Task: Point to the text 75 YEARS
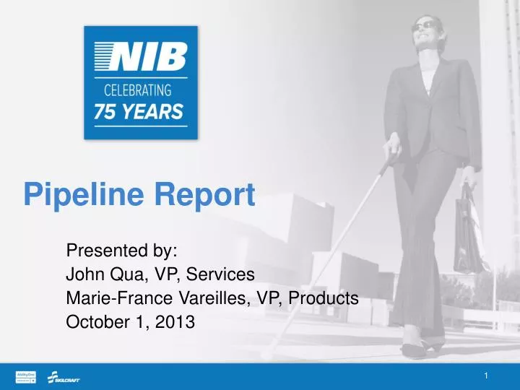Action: click(139, 113)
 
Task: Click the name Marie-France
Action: click(108, 298)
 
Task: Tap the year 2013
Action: click(177, 323)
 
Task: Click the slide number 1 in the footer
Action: click(487, 376)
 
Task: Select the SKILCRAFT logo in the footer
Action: click(64, 377)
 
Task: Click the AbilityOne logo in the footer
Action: click(27, 376)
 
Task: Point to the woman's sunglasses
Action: click(426, 26)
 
